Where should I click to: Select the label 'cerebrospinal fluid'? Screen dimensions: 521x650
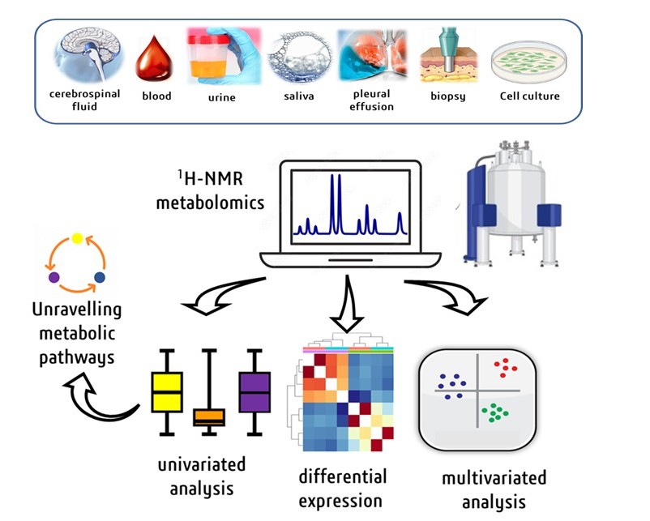tap(85, 100)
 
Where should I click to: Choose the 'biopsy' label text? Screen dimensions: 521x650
tap(444, 96)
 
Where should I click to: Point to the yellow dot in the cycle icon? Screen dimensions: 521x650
tap(77, 238)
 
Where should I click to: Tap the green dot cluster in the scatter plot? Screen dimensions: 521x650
tap(494, 412)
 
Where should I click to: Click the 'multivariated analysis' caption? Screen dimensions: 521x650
tap(494, 489)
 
